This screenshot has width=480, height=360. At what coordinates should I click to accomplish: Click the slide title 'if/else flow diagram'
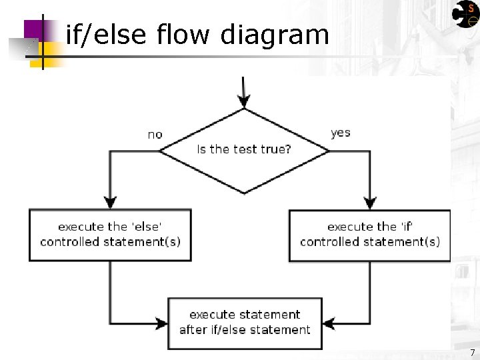(197, 35)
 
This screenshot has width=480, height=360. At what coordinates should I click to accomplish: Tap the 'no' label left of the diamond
(155, 135)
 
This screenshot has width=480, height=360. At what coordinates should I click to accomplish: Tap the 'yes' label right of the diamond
(340, 133)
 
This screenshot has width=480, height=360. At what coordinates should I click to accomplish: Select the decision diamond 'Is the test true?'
(244, 151)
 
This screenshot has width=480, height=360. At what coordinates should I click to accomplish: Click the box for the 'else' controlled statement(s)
(110, 235)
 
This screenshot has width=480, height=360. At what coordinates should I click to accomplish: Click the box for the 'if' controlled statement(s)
(369, 235)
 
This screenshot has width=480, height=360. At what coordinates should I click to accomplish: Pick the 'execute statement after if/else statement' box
(245, 323)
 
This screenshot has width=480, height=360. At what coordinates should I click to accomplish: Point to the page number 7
(472, 353)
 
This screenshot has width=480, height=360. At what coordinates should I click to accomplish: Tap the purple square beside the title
(37, 30)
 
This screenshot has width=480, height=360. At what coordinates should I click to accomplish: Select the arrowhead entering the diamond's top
(244, 101)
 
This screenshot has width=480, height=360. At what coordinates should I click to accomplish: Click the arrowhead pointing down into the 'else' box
(111, 203)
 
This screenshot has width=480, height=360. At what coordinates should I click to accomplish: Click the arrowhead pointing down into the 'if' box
(371, 203)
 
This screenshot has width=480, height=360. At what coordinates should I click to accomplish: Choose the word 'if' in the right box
(408, 227)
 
